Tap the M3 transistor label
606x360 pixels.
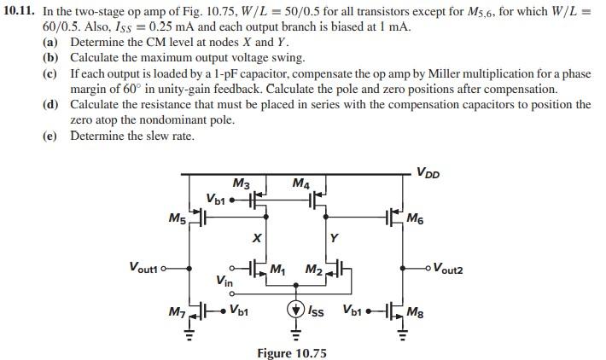[x=241, y=183]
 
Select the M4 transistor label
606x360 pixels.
[x=300, y=183]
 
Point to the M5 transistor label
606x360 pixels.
[x=178, y=219]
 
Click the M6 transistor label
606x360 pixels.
[x=416, y=219]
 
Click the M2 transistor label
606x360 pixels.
[x=314, y=270]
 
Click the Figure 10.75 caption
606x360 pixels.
[x=292, y=352]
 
